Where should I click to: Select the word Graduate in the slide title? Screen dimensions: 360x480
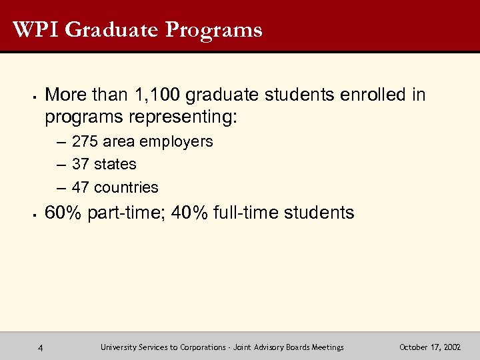(113, 30)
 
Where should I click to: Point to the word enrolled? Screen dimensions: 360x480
(373, 95)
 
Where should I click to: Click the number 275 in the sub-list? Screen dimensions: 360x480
(85, 141)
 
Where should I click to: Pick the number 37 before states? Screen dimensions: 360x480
(81, 164)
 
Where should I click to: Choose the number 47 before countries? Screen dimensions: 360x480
(81, 187)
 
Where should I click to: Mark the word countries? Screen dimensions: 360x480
(127, 187)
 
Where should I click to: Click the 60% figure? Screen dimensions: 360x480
(61, 213)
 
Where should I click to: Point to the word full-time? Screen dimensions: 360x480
(245, 213)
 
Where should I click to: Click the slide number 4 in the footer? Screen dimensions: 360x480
(41, 347)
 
